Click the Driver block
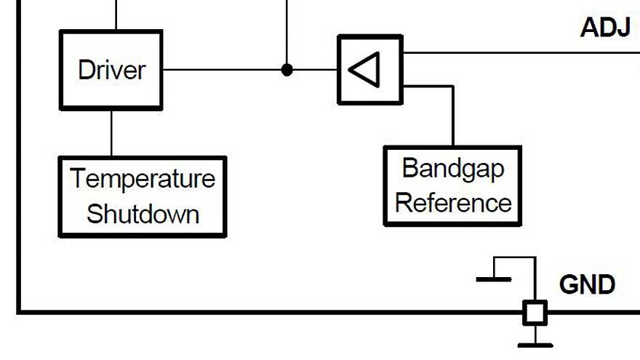[111, 70]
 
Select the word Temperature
[143, 179]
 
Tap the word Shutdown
[143, 214]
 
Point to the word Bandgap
[452, 169]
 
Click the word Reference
[452, 202]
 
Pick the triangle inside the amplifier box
[365, 70]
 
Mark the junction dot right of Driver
[287, 70]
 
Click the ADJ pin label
[605, 28]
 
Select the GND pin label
[587, 284]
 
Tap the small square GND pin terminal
[535, 313]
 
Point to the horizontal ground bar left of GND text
[494, 279]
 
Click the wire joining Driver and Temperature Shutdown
[111, 133]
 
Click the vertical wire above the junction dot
[287, 29]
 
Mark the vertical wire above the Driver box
[116, 15]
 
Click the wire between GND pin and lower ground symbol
[535, 333]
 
